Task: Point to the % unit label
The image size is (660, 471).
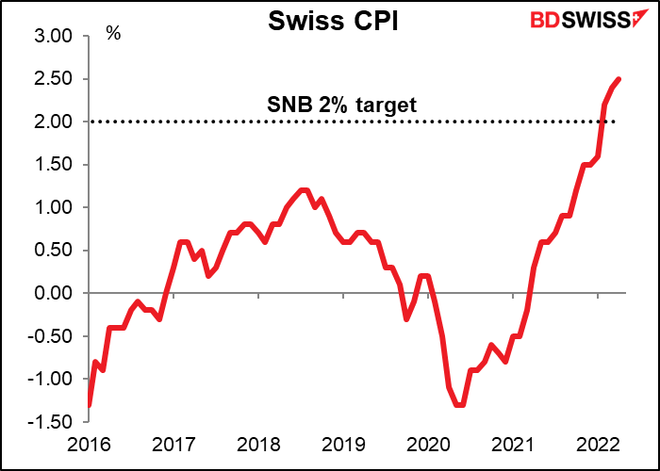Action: (x=113, y=34)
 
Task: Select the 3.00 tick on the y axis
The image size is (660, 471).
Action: (x=54, y=37)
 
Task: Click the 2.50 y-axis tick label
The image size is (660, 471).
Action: (x=54, y=79)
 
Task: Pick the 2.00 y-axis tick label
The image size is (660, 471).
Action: (x=54, y=122)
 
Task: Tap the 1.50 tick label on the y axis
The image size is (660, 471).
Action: (x=54, y=165)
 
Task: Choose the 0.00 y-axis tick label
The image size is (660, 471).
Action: (x=54, y=293)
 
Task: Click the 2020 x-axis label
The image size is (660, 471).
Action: (x=429, y=444)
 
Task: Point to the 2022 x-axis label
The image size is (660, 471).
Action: (x=599, y=444)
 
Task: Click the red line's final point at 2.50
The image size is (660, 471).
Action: (x=619, y=79)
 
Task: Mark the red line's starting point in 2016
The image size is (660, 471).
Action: (x=90, y=404)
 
